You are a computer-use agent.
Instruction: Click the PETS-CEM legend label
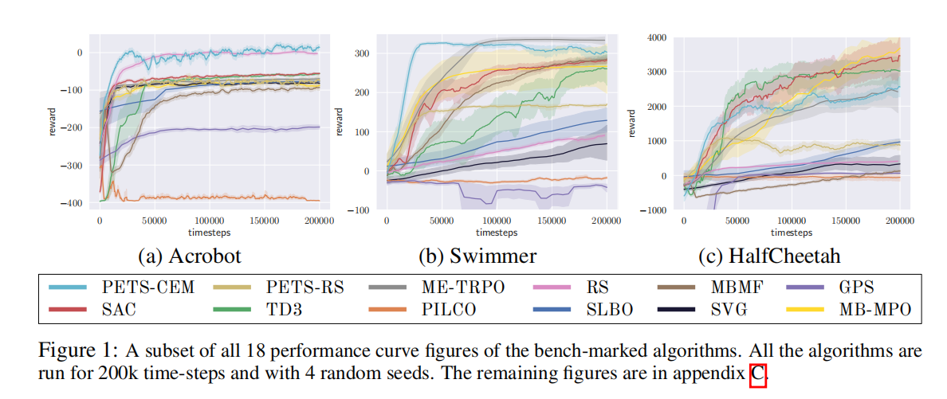[147, 288]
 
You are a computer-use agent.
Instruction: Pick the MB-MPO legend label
[874, 310]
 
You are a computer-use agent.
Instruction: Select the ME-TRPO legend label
[463, 288]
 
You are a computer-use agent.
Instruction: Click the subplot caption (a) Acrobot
[190, 256]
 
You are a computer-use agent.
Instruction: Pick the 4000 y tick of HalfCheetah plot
[654, 37]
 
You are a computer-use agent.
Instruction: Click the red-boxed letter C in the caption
[757, 373]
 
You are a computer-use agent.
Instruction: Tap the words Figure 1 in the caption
[69, 351]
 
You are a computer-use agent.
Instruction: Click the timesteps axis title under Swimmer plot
[497, 233]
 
